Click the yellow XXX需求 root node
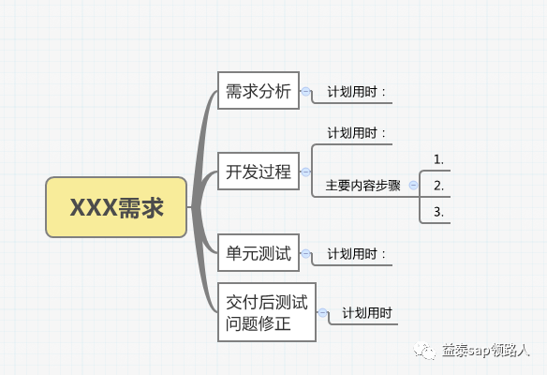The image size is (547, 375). pyautogui.click(x=116, y=207)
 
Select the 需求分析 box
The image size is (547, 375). pyautogui.click(x=259, y=90)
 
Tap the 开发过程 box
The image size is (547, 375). pyautogui.click(x=259, y=171)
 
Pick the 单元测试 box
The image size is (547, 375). pyautogui.click(x=259, y=253)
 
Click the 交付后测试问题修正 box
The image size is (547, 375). pyautogui.click(x=267, y=312)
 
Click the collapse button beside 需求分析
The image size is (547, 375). pyautogui.click(x=305, y=92)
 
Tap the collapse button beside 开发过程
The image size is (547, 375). pyautogui.click(x=305, y=172)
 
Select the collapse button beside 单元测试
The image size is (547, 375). pyautogui.click(x=305, y=253)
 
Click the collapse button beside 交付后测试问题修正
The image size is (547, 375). pyautogui.click(x=323, y=312)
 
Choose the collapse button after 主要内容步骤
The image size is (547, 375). pyautogui.click(x=413, y=185)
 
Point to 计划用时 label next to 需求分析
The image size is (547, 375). pyautogui.click(x=357, y=92)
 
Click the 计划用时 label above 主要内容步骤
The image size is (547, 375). pyautogui.click(x=357, y=133)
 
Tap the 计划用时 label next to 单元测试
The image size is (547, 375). pyautogui.click(x=357, y=254)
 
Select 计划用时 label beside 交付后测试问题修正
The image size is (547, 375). pyautogui.click(x=367, y=313)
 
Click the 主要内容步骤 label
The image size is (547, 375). pyautogui.click(x=362, y=186)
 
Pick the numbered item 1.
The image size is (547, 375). pyautogui.click(x=439, y=159)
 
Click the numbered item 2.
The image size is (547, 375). pyautogui.click(x=439, y=186)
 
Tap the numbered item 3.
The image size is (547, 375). pyautogui.click(x=439, y=212)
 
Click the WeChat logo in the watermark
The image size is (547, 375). pyautogui.click(x=424, y=351)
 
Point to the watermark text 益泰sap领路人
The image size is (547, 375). pyautogui.click(x=486, y=351)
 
